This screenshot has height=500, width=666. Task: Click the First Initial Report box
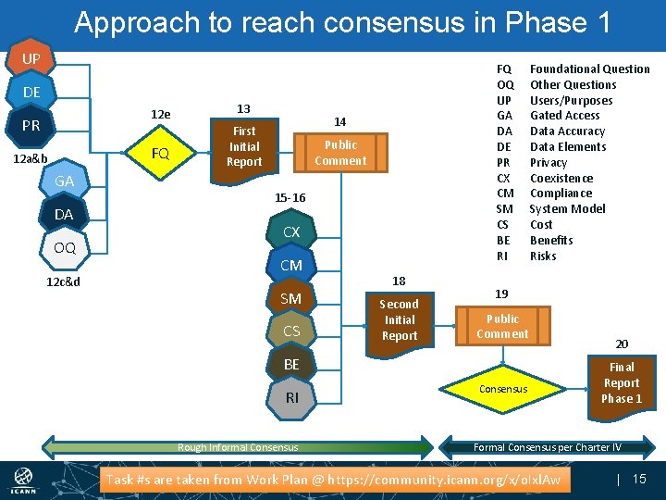coord(244,146)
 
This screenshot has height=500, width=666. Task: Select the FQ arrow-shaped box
coord(160,154)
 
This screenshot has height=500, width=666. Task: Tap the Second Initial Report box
coord(399,319)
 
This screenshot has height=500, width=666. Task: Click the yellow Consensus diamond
coord(503,389)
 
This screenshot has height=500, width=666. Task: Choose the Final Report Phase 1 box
coord(621,382)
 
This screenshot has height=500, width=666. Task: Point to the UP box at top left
coord(30,59)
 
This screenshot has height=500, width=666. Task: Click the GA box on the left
coord(64,181)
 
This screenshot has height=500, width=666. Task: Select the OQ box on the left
coord(64,248)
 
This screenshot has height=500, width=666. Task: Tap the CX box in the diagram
coord(291,232)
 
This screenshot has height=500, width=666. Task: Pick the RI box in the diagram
coord(291,397)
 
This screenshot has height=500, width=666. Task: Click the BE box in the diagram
coord(291,365)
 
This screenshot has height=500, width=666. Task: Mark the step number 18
coord(399,281)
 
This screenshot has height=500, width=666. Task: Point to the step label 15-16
coord(290,198)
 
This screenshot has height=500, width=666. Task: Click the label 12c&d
coord(63,281)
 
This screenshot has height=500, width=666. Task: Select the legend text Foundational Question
coord(589,69)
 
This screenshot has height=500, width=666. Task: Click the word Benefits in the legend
coord(550,240)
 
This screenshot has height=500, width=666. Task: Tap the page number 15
coord(638,479)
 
